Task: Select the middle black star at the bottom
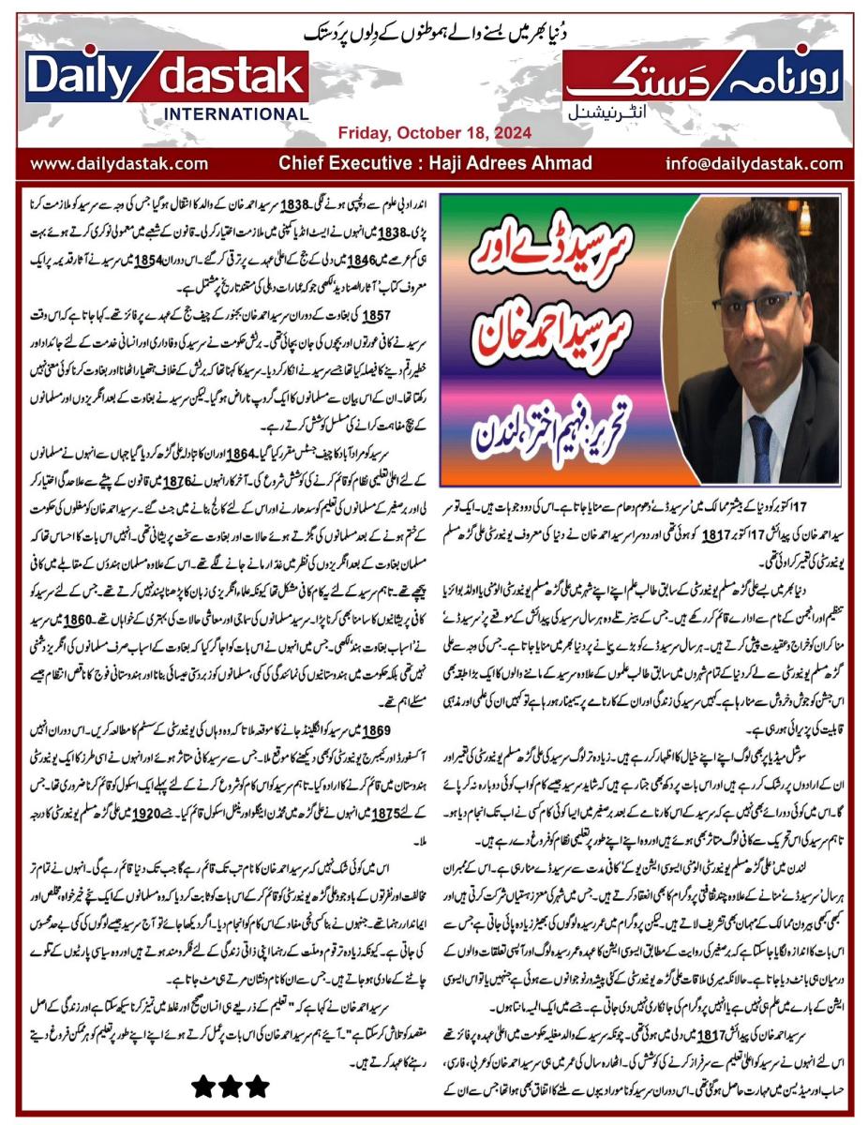[231, 1087]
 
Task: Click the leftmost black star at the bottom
[203, 1087]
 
